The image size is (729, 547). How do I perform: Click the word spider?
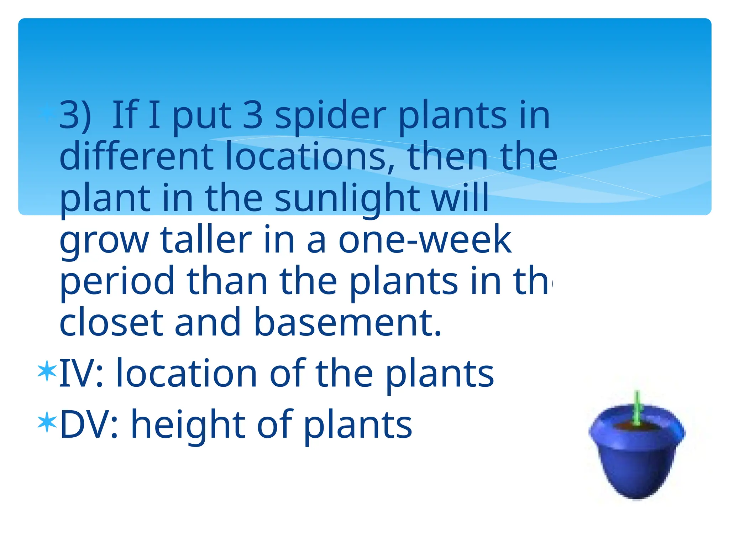coord(330,116)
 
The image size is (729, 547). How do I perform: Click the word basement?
coord(347,322)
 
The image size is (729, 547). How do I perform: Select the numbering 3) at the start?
coord(75,116)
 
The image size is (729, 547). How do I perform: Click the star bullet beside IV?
coord(47,371)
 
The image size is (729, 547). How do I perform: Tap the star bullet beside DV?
coord(47,422)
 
